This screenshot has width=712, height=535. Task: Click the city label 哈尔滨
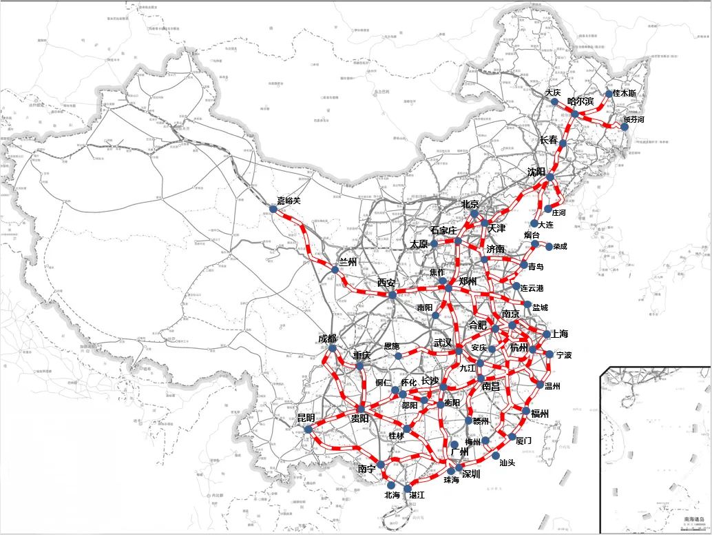[x=580, y=101]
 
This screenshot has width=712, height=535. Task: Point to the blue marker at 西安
[x=392, y=295]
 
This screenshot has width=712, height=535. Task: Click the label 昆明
[x=306, y=418]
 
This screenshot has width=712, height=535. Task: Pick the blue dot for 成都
[x=333, y=348]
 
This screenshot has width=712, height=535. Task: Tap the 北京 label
[x=470, y=204]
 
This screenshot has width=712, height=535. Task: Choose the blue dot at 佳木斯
[x=609, y=94]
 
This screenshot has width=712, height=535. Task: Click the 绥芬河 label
[x=634, y=119]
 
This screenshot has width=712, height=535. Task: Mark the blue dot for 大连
[x=534, y=223]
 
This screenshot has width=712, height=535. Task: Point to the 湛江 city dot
[x=408, y=487]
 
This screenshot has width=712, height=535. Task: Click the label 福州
[x=540, y=414]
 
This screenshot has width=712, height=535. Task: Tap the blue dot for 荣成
[x=549, y=246]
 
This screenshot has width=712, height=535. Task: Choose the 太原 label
[x=419, y=245]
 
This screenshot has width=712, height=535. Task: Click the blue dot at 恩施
[x=399, y=356]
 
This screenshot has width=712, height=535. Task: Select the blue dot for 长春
[x=563, y=144]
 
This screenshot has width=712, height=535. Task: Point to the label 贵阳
[x=360, y=418]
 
